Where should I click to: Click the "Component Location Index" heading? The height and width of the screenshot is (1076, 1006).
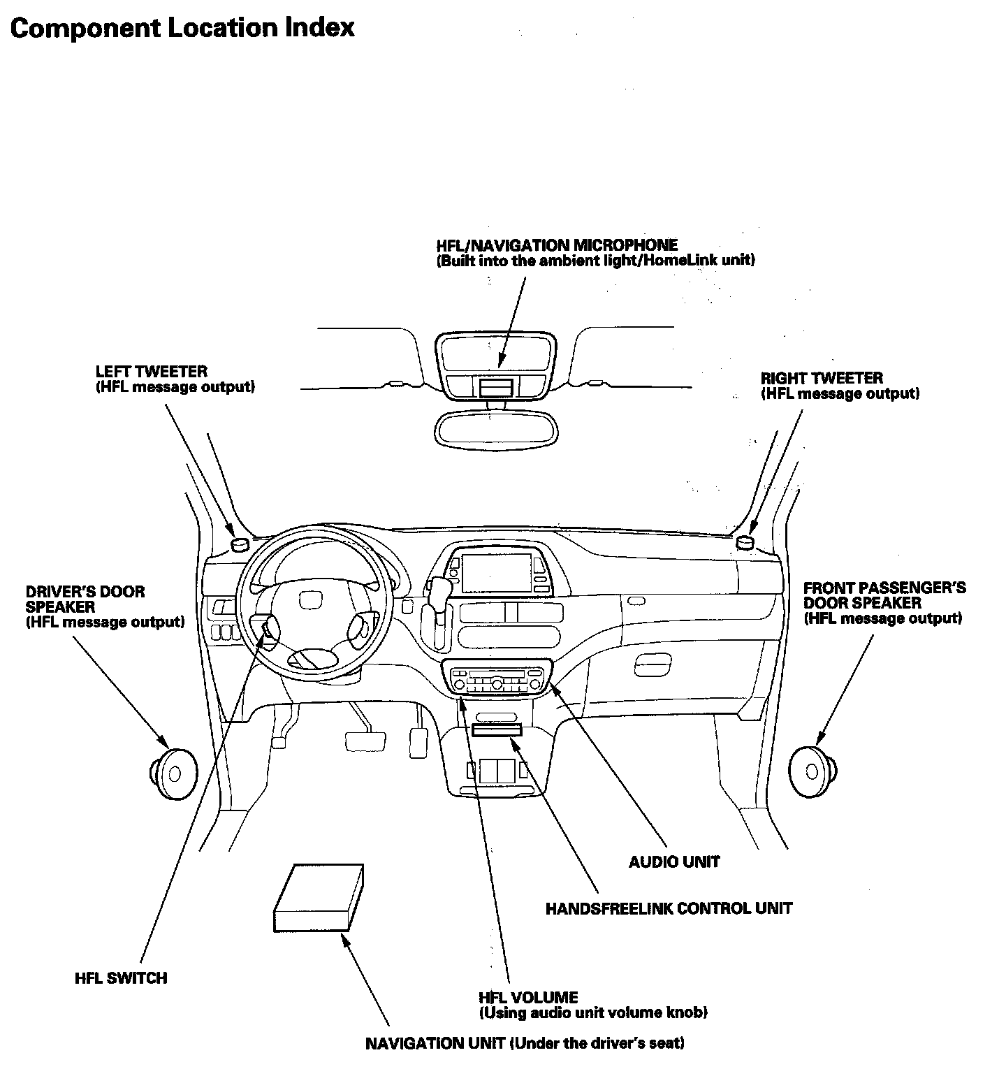[182, 27]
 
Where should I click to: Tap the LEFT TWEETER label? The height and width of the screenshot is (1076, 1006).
[152, 372]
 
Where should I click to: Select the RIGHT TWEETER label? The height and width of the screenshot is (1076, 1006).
[822, 378]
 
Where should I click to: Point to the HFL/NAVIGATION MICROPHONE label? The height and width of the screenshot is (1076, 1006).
[557, 245]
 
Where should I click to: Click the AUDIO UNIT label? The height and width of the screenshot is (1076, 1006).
[673, 861]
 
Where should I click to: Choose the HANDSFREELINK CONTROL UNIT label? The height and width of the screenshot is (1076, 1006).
[669, 908]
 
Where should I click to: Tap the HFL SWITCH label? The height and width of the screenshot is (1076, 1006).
[121, 977]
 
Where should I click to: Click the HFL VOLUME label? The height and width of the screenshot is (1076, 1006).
[528, 997]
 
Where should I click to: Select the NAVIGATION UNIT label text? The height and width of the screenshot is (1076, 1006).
[525, 1043]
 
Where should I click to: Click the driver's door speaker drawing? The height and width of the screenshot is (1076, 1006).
[174, 773]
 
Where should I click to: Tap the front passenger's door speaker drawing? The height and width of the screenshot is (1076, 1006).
[812, 771]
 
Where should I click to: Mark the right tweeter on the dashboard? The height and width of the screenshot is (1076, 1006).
[745, 541]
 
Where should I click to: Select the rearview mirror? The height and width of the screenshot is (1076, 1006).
[496, 428]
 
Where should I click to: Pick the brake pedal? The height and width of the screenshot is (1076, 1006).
[365, 741]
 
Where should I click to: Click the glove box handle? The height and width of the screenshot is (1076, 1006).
[653, 660]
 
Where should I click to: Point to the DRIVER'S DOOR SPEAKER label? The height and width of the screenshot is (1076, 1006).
[85, 599]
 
